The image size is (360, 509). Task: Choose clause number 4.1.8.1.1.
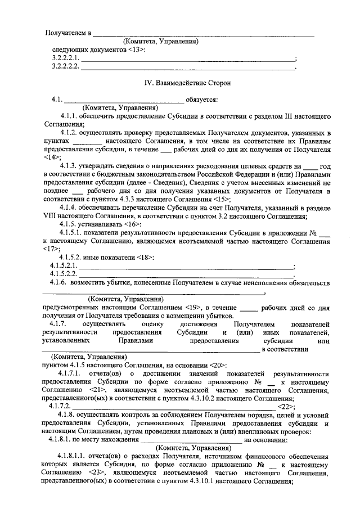(x=71, y=456)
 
